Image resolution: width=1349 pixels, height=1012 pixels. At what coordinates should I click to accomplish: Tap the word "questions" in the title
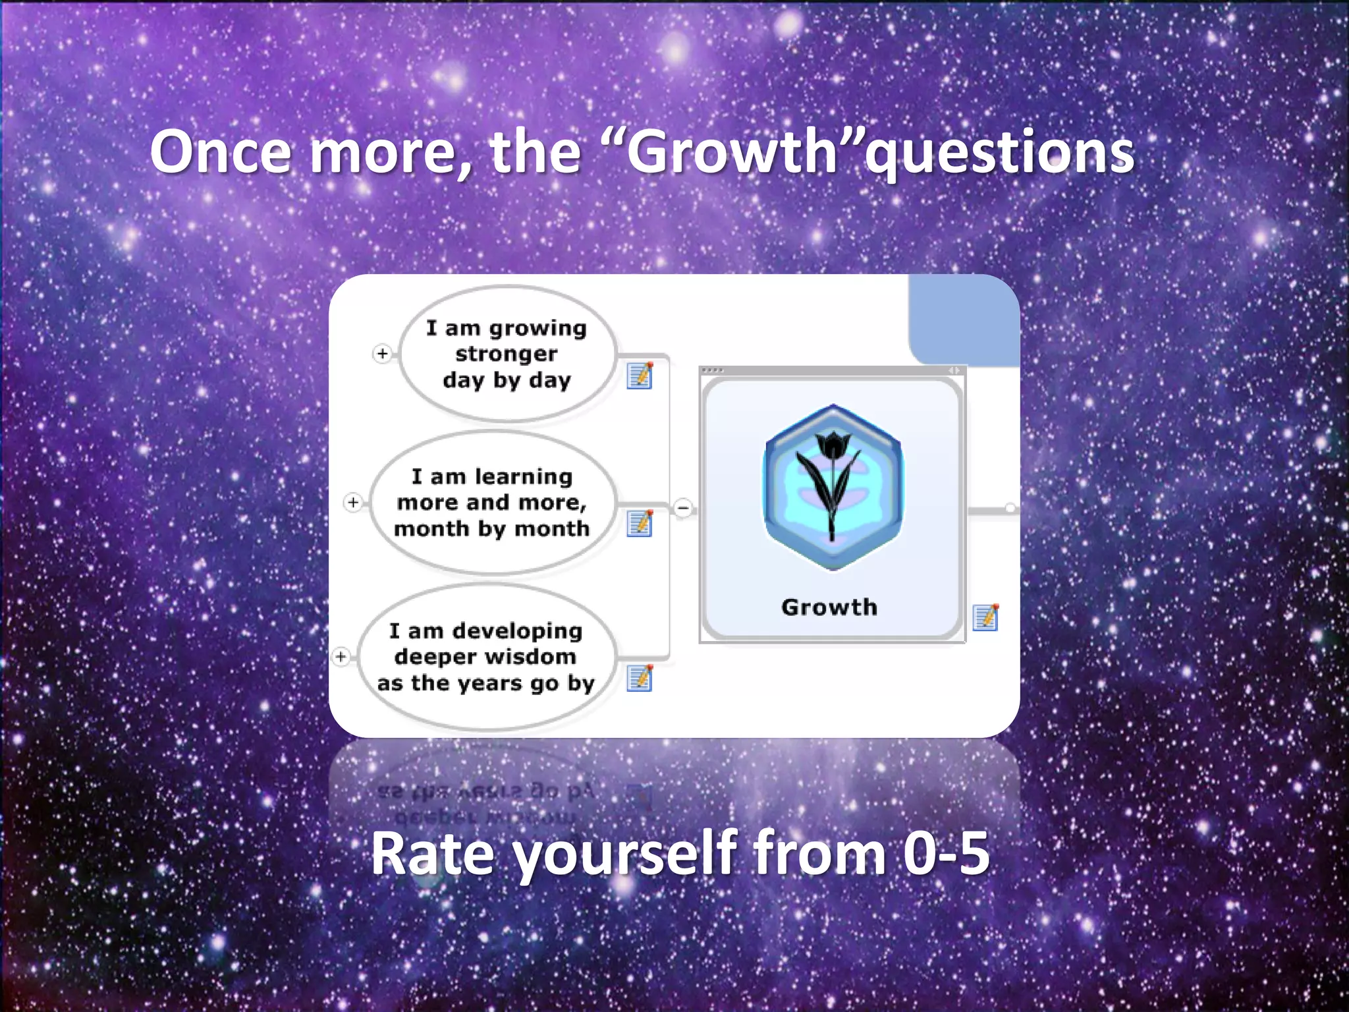pyautogui.click(x=1000, y=153)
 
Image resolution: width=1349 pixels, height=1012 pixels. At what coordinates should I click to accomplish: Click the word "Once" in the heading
pyautogui.click(x=221, y=153)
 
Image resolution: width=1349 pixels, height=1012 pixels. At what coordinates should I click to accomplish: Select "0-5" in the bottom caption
pyautogui.click(x=946, y=854)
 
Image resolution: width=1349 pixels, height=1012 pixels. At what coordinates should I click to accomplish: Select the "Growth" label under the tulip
pyautogui.click(x=829, y=607)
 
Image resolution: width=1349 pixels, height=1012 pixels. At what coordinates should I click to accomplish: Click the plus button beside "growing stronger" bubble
pyautogui.click(x=382, y=354)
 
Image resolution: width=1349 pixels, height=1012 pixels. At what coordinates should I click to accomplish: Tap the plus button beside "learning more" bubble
pyautogui.click(x=353, y=503)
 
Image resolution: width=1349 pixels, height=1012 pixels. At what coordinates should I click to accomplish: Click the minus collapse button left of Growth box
pyautogui.click(x=684, y=508)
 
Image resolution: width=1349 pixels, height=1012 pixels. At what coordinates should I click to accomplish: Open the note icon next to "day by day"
pyautogui.click(x=640, y=376)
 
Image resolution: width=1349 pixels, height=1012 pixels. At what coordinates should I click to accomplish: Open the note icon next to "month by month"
pyautogui.click(x=640, y=524)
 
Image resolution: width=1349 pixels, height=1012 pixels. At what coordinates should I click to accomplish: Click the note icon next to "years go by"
pyautogui.click(x=640, y=679)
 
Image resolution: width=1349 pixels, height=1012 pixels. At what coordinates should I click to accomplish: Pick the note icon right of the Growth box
pyautogui.click(x=985, y=617)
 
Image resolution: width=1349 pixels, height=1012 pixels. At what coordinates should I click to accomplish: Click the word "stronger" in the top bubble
pyautogui.click(x=506, y=354)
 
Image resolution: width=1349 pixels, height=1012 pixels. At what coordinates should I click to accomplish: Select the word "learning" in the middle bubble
pyautogui.click(x=524, y=476)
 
